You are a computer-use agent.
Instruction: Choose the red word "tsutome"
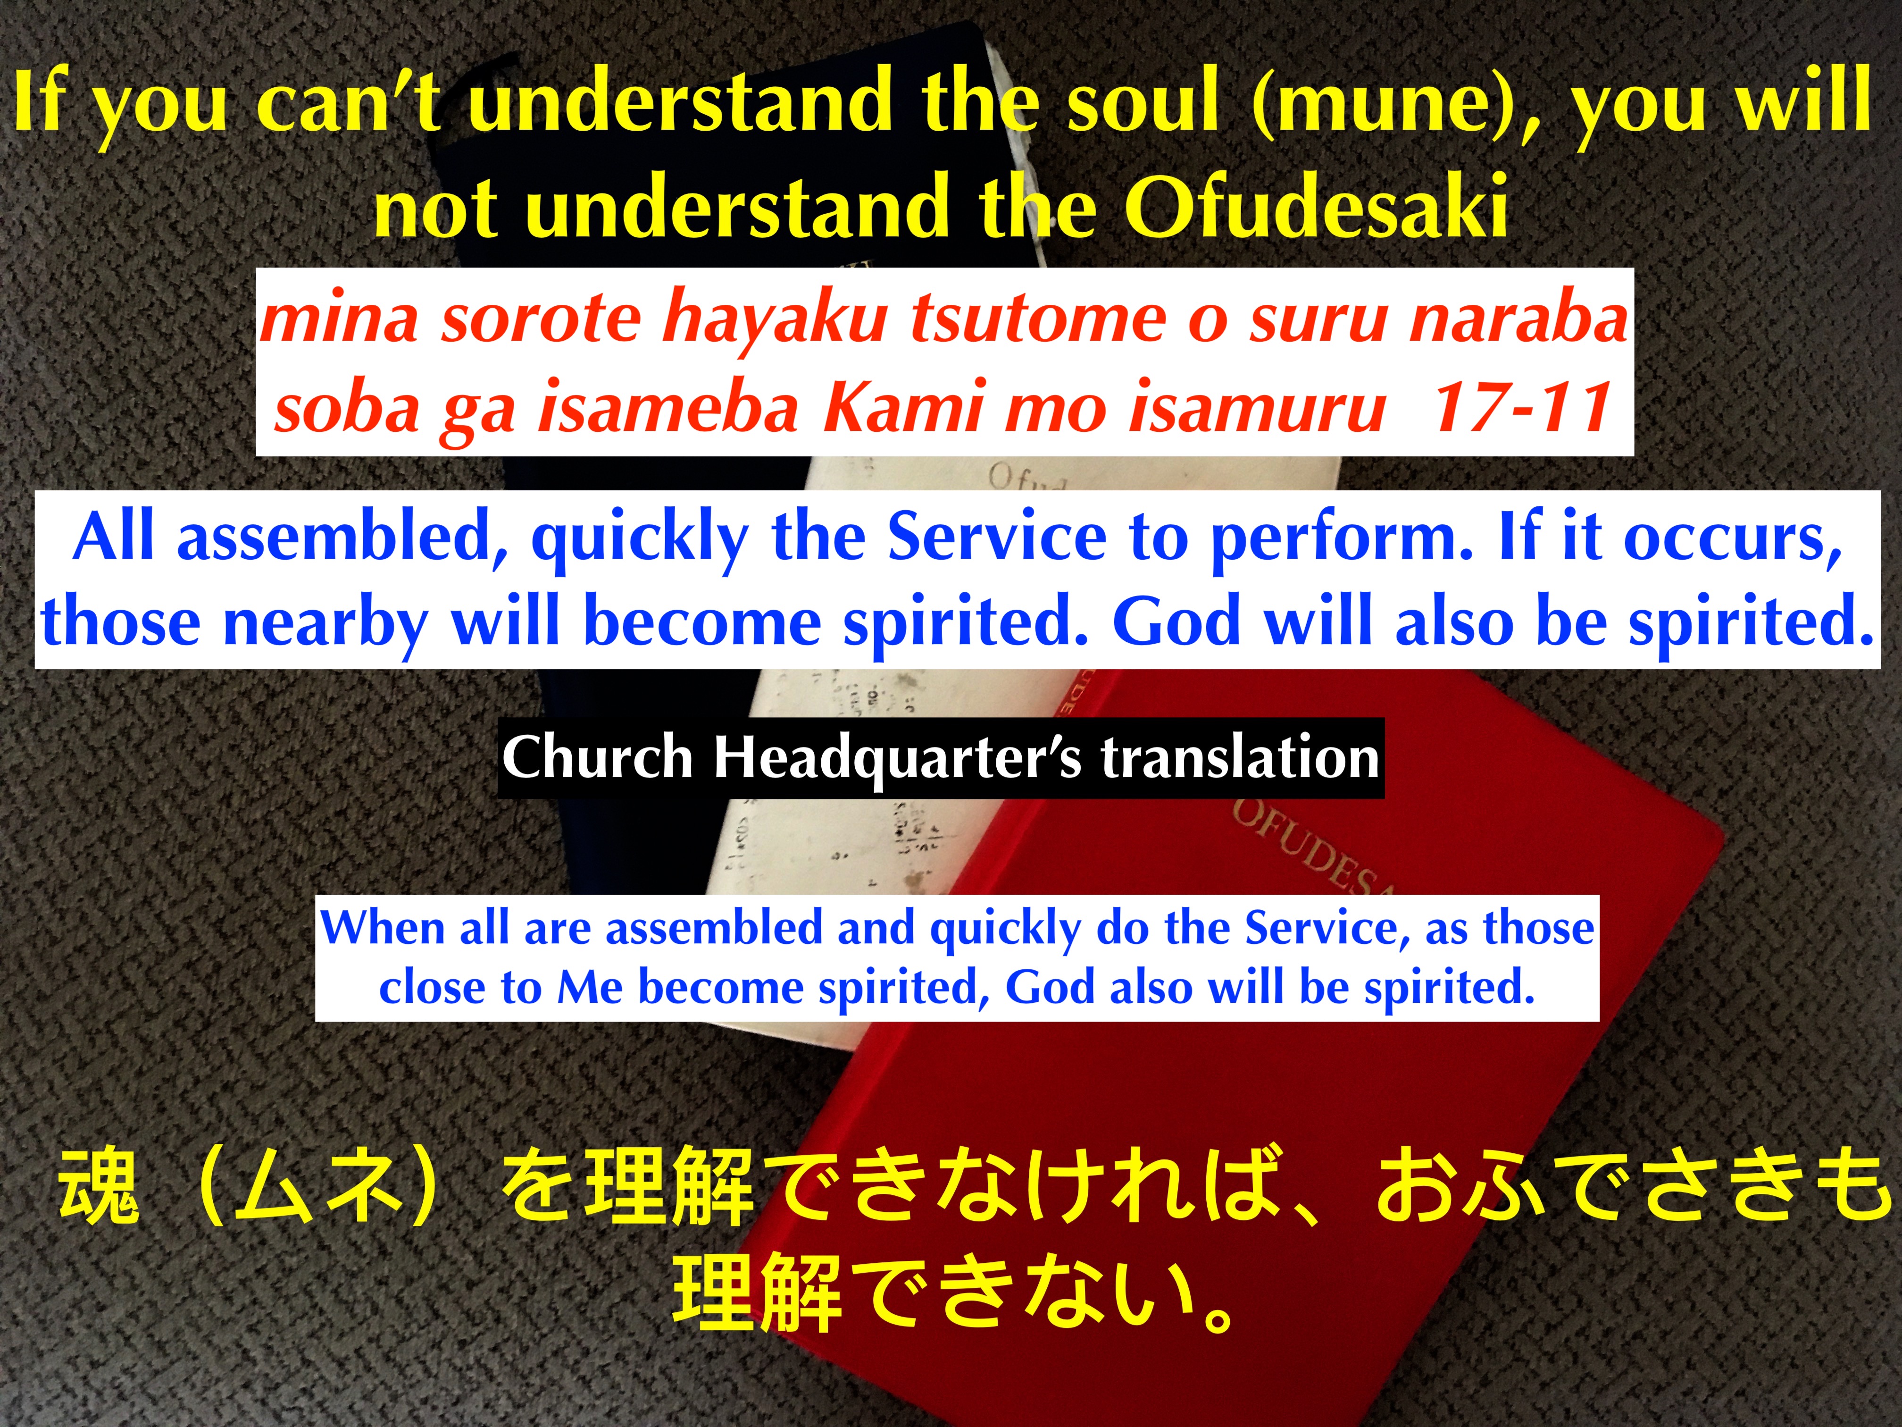click(x=1031, y=318)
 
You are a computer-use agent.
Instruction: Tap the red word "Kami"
click(x=903, y=407)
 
